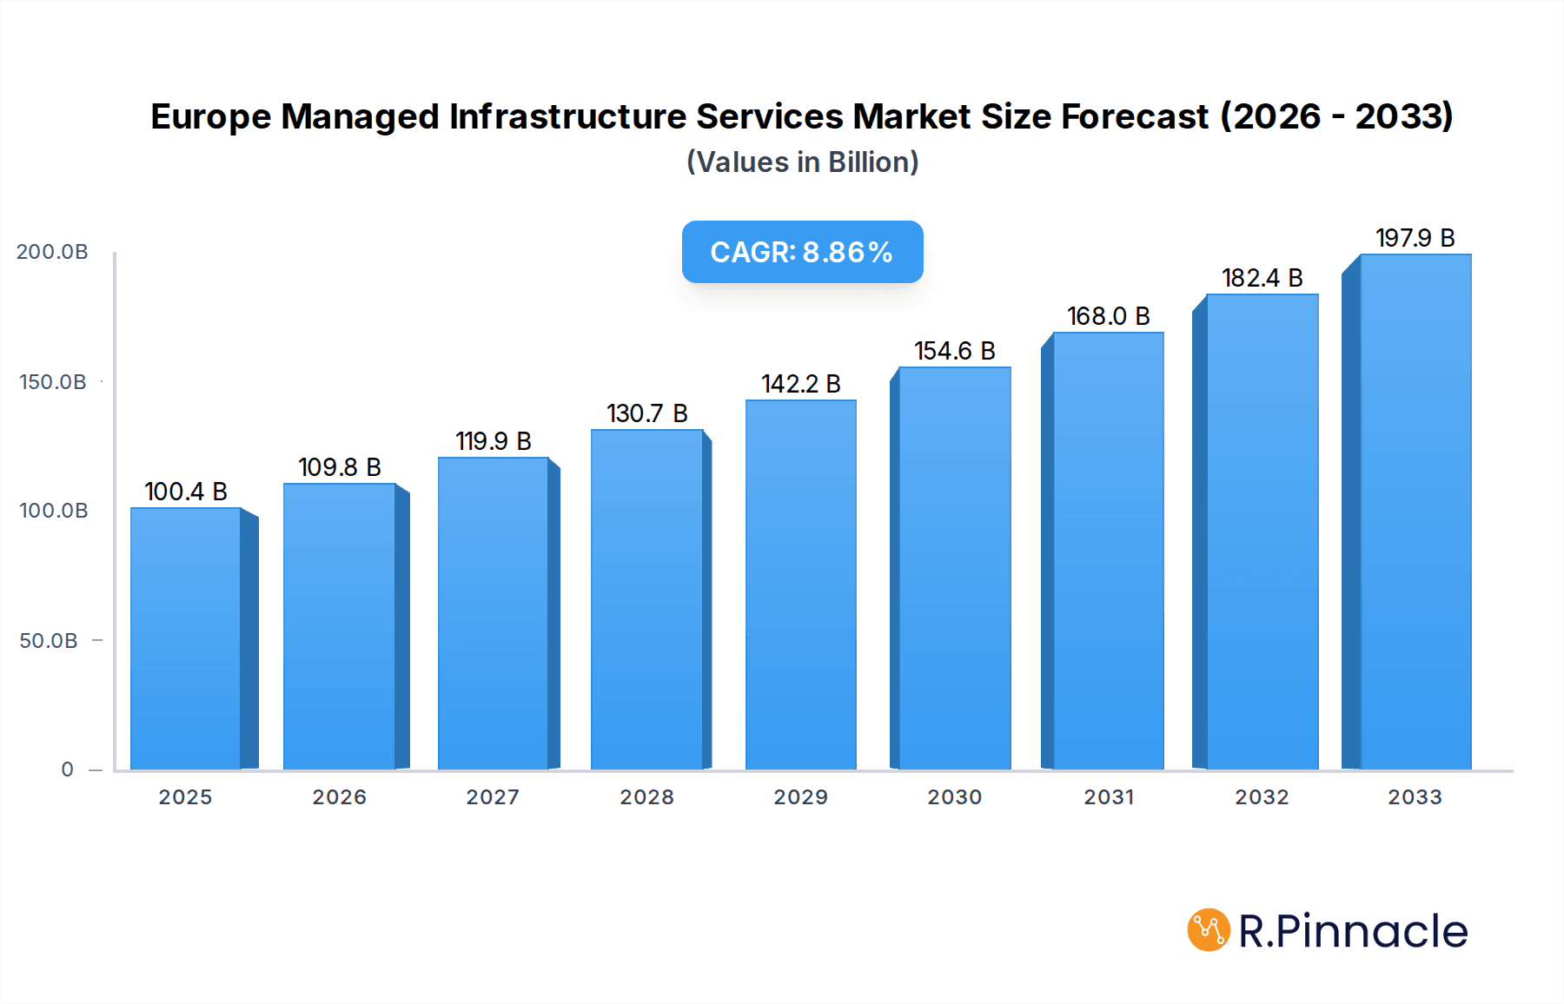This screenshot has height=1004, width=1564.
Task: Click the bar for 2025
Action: [x=186, y=638]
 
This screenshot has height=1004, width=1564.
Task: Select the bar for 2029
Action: [x=800, y=585]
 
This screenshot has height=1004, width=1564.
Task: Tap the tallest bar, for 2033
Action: [x=1415, y=512]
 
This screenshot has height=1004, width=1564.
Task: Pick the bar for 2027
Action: [x=493, y=613]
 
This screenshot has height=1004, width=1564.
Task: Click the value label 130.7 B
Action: [x=646, y=413]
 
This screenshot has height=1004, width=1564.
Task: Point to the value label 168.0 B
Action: [x=1108, y=316]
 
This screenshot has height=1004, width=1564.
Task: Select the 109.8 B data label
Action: [x=339, y=467]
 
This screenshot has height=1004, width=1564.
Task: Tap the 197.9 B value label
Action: [x=1415, y=238]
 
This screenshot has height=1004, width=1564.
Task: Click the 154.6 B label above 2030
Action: [x=954, y=351]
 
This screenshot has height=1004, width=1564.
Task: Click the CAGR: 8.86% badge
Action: [x=802, y=252]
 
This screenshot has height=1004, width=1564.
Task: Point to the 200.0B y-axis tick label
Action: [x=52, y=252]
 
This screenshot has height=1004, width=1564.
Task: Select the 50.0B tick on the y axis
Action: [x=49, y=641]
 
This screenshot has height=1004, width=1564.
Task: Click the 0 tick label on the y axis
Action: [x=68, y=770]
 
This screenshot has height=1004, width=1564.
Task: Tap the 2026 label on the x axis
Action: [x=339, y=797]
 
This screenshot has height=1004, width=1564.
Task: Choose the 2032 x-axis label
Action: [x=1262, y=797]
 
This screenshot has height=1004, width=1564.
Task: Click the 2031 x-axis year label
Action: [x=1108, y=797]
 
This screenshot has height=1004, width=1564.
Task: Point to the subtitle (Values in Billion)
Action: [x=802, y=162]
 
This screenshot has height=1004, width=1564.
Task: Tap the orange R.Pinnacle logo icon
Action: [x=1208, y=930]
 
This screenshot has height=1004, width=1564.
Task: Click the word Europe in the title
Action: [x=210, y=116]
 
